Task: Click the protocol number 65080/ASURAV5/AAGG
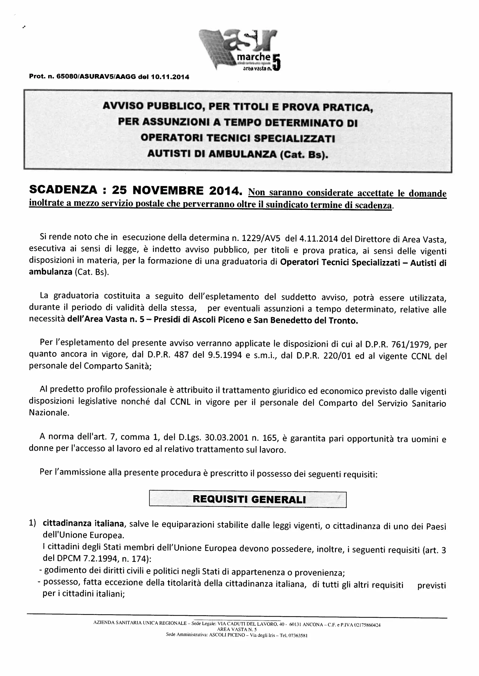click(96, 77)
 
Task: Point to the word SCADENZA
click(63, 190)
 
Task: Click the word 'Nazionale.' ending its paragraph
click(49, 413)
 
